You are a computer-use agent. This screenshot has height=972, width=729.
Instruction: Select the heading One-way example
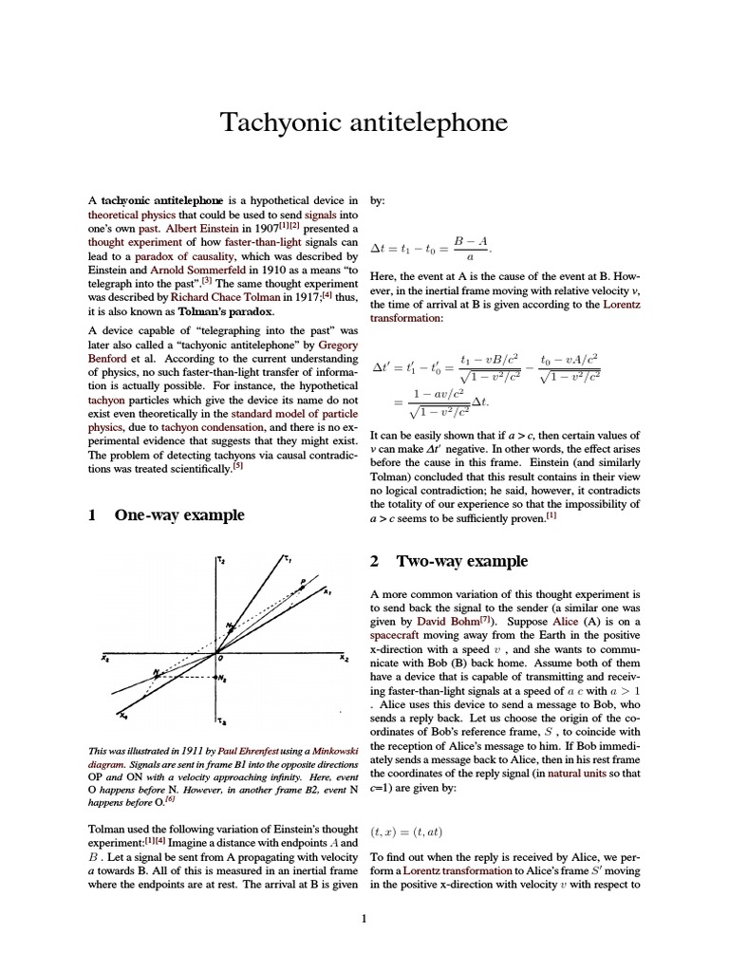[178, 515]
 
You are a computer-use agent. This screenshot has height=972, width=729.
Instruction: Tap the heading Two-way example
[461, 561]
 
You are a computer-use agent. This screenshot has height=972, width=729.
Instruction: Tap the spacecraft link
[401, 634]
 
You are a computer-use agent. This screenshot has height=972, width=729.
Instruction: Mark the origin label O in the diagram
[219, 658]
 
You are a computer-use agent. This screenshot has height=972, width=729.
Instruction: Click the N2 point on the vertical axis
[215, 678]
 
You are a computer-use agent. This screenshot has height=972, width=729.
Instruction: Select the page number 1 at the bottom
[364, 918]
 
